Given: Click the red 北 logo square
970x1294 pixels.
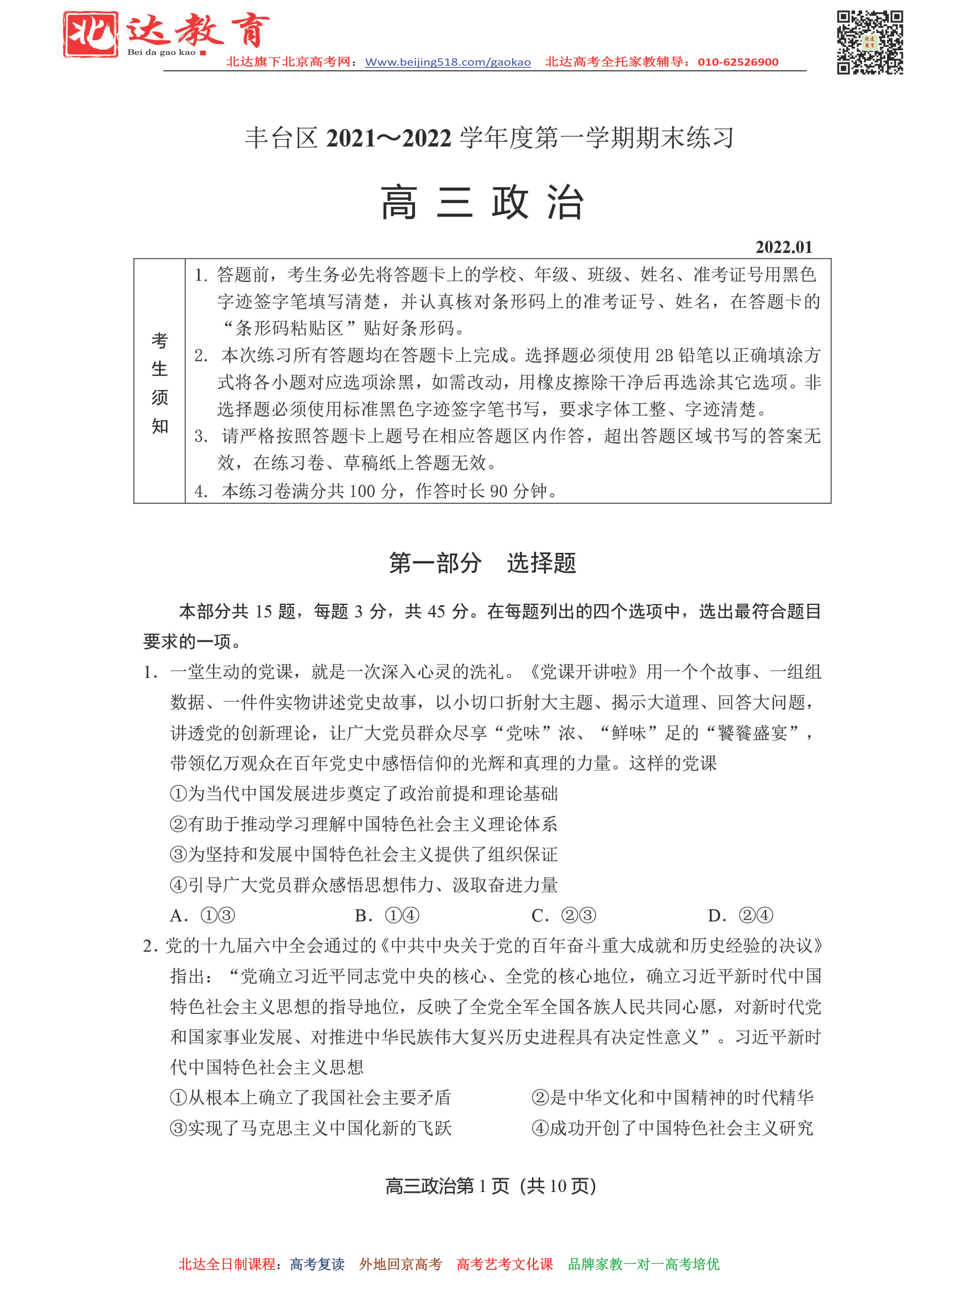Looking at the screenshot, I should (91, 34).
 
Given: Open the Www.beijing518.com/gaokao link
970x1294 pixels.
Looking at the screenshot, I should (448, 62).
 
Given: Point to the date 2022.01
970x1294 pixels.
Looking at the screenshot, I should (783, 247).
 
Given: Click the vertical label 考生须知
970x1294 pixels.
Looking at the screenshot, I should (159, 383).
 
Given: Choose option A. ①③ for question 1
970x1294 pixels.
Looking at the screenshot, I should (202, 915).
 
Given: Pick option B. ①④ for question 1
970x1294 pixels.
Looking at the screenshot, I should (387, 915).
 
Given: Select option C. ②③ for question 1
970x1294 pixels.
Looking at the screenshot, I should (563, 915).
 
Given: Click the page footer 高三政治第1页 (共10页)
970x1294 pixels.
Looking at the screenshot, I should (490, 1186).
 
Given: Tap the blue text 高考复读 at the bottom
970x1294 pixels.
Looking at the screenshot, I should (317, 1264).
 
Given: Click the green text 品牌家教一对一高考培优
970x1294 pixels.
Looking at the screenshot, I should (643, 1264).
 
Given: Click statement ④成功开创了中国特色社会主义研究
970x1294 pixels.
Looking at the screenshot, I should (672, 1128).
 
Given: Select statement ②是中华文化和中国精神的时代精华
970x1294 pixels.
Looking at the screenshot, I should (672, 1098).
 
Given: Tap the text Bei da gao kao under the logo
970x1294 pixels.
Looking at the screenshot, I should (161, 52).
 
